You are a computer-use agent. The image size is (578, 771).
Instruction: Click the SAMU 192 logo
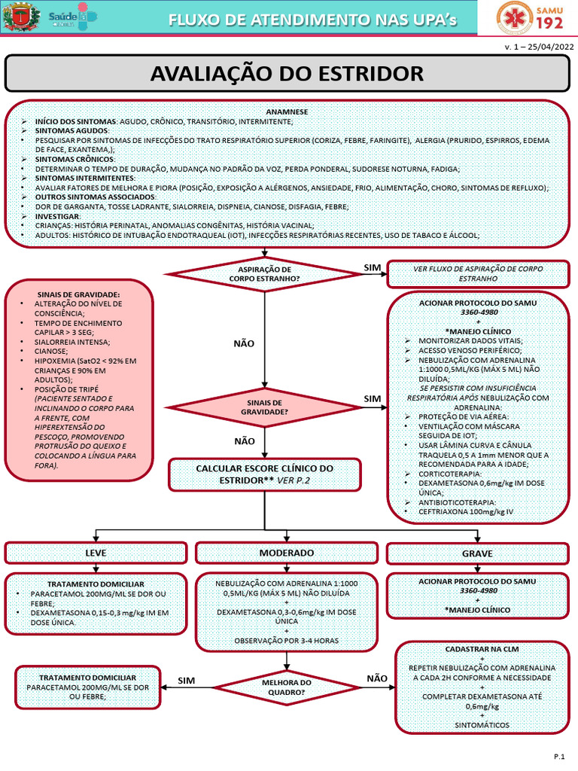tap(530, 17)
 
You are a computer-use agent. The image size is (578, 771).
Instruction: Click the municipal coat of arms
tap(21, 17)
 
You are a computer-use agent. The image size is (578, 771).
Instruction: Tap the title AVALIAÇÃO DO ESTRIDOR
tap(287, 74)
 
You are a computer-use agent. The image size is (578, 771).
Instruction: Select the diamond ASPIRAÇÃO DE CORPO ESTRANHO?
tap(264, 274)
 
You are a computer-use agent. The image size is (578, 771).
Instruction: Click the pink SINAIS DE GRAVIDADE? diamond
tap(264, 407)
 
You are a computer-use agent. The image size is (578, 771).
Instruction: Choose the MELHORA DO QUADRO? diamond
tap(287, 687)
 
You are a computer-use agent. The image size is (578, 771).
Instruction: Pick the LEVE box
tap(96, 553)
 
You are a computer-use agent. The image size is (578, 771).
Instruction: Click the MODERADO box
tap(287, 553)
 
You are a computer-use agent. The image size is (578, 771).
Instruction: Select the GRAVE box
tap(477, 553)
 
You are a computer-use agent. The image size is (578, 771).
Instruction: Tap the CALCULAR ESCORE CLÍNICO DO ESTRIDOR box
tap(264, 474)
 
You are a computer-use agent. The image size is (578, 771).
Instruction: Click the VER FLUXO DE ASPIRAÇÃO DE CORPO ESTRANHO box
tap(478, 274)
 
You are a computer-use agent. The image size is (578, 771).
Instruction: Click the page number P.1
tap(559, 757)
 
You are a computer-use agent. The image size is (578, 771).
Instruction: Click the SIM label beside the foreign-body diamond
tap(372, 267)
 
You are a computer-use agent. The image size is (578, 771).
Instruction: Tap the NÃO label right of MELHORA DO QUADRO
tap(377, 678)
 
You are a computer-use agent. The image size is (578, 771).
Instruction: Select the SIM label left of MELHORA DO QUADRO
tap(187, 681)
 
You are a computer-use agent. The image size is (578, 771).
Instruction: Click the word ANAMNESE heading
tap(287, 111)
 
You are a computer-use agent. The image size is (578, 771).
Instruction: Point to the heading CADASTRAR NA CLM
tap(482, 649)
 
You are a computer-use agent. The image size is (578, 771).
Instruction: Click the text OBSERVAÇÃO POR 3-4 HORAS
tap(287, 641)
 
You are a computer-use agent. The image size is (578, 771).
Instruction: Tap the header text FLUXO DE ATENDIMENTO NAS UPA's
tap(312, 20)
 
